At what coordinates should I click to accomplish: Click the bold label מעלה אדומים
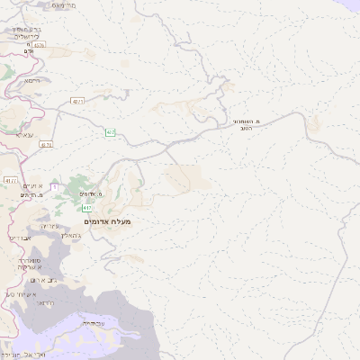[107, 221]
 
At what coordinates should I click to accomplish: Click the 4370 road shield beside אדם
[37, 45]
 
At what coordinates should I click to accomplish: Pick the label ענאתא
[23, 134]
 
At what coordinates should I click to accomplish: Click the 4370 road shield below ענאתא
[46, 144]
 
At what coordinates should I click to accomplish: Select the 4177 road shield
[11, 180]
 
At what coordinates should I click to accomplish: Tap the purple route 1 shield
[54, 186]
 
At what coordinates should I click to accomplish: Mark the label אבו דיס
[18, 238]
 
